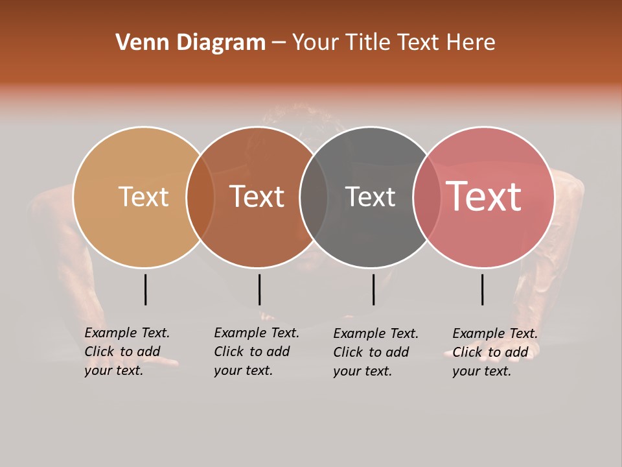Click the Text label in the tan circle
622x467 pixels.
click(x=143, y=197)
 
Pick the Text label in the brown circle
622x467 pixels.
click(x=257, y=197)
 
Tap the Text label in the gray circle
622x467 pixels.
click(x=370, y=197)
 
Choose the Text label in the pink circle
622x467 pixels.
click(x=483, y=197)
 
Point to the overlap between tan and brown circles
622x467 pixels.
click(x=200, y=197)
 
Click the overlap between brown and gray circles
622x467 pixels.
click(x=314, y=197)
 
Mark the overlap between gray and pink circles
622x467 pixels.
click(x=427, y=197)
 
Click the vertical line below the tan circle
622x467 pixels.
click(x=146, y=289)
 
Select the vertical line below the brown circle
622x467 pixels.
click(x=259, y=289)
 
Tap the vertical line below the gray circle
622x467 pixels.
click(x=373, y=289)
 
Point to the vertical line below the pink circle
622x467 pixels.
click(x=483, y=289)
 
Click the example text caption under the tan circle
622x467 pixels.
click(x=127, y=352)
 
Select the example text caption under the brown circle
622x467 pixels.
click(x=257, y=352)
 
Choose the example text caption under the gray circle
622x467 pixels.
click(x=376, y=352)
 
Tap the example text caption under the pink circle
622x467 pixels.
click(x=495, y=352)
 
